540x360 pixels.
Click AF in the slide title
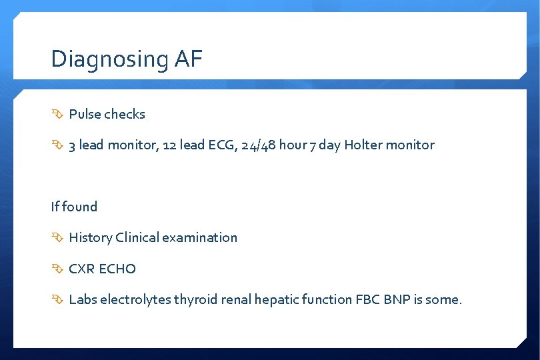coord(189,59)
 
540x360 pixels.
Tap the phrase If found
coord(74,207)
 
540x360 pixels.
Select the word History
coord(90,237)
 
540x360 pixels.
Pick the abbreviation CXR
coord(81,269)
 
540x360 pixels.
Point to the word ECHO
coord(117,269)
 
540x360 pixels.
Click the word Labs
coord(83,299)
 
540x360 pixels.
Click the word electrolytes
coord(135,299)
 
